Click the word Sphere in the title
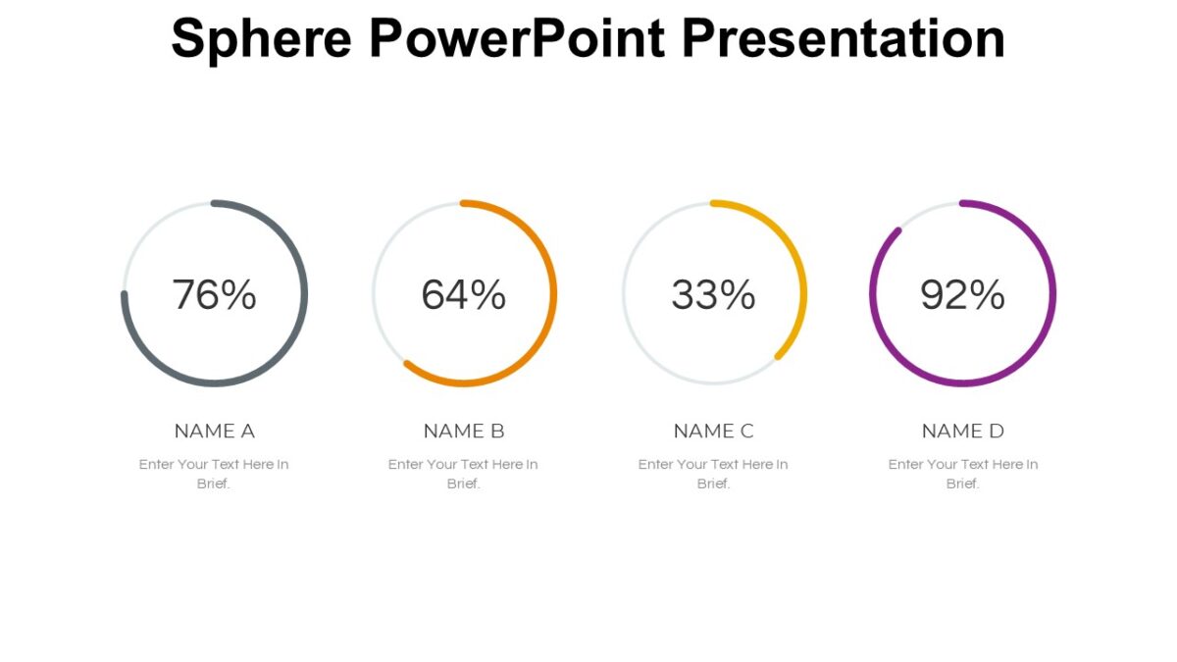(262, 39)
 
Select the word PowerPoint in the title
(517, 39)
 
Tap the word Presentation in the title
(843, 39)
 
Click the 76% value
(214, 294)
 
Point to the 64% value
(464, 294)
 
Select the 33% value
(713, 294)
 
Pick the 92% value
(962, 294)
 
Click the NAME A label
(214, 431)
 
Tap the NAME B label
(464, 431)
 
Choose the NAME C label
(713, 431)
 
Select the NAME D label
(962, 431)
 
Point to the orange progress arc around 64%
(553, 294)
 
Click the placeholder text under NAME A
(214, 465)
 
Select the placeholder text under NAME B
(463, 465)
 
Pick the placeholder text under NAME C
(713, 465)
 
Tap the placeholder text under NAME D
(962, 465)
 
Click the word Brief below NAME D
(961, 484)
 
